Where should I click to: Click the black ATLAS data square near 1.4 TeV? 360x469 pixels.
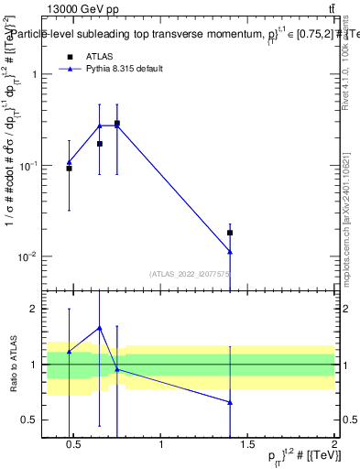(230, 233)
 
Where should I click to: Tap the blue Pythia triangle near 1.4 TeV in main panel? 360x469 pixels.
(230, 251)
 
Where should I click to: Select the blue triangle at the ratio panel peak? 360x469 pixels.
(99, 327)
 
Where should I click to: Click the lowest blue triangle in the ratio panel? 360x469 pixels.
(230, 402)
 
